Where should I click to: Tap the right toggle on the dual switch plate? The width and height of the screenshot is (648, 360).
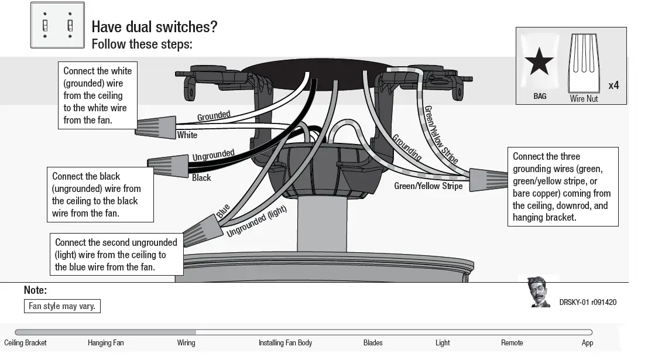70,26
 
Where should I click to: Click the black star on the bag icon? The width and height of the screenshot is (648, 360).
539,62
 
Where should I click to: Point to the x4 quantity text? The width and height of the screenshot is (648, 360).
613,85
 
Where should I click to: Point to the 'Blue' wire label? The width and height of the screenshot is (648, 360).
223,211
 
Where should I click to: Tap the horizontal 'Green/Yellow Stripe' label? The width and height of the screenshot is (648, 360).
428,186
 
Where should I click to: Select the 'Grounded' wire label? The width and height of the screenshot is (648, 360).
213,116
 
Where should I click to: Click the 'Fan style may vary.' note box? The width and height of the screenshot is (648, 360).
62,306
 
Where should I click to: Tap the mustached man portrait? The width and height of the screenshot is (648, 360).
539,292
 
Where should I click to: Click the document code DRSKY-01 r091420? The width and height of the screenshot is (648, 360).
587,303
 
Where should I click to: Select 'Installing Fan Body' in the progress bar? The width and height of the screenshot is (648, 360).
285,343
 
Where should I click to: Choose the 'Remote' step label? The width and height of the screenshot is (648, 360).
512,343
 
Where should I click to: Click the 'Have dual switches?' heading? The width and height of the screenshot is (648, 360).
155,27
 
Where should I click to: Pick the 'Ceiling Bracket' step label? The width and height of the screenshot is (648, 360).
25,343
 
